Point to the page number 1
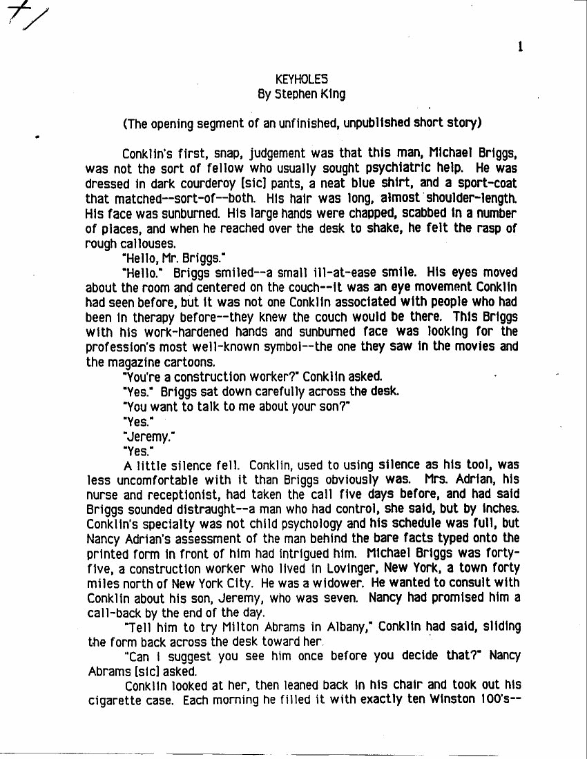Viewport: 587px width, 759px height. coord(519,47)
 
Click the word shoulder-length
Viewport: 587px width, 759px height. coord(477,198)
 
